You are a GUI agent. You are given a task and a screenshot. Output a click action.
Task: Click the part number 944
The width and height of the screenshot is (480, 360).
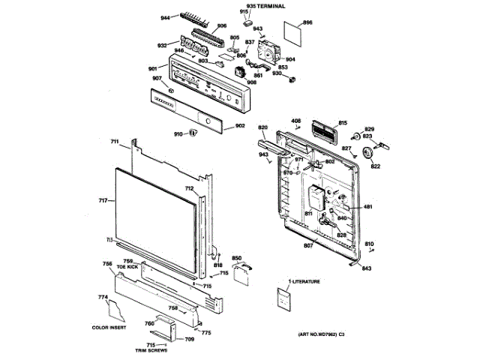(165, 16)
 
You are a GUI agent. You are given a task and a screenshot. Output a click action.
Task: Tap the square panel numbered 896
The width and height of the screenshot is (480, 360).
(291, 32)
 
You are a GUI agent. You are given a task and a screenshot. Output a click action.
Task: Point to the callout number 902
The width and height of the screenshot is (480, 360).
(240, 125)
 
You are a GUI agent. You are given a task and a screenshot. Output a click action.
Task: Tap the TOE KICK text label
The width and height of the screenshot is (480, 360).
(128, 267)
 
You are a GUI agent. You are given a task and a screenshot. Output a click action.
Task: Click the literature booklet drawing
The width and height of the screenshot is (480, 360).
(283, 299)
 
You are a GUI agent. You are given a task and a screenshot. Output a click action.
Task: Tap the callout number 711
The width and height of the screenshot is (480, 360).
(115, 142)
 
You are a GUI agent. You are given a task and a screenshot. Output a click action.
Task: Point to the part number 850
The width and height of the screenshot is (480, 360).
(237, 258)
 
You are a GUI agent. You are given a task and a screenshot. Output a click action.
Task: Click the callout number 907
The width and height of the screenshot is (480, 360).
(157, 79)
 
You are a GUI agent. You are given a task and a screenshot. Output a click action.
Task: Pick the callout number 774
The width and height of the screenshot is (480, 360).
(103, 298)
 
